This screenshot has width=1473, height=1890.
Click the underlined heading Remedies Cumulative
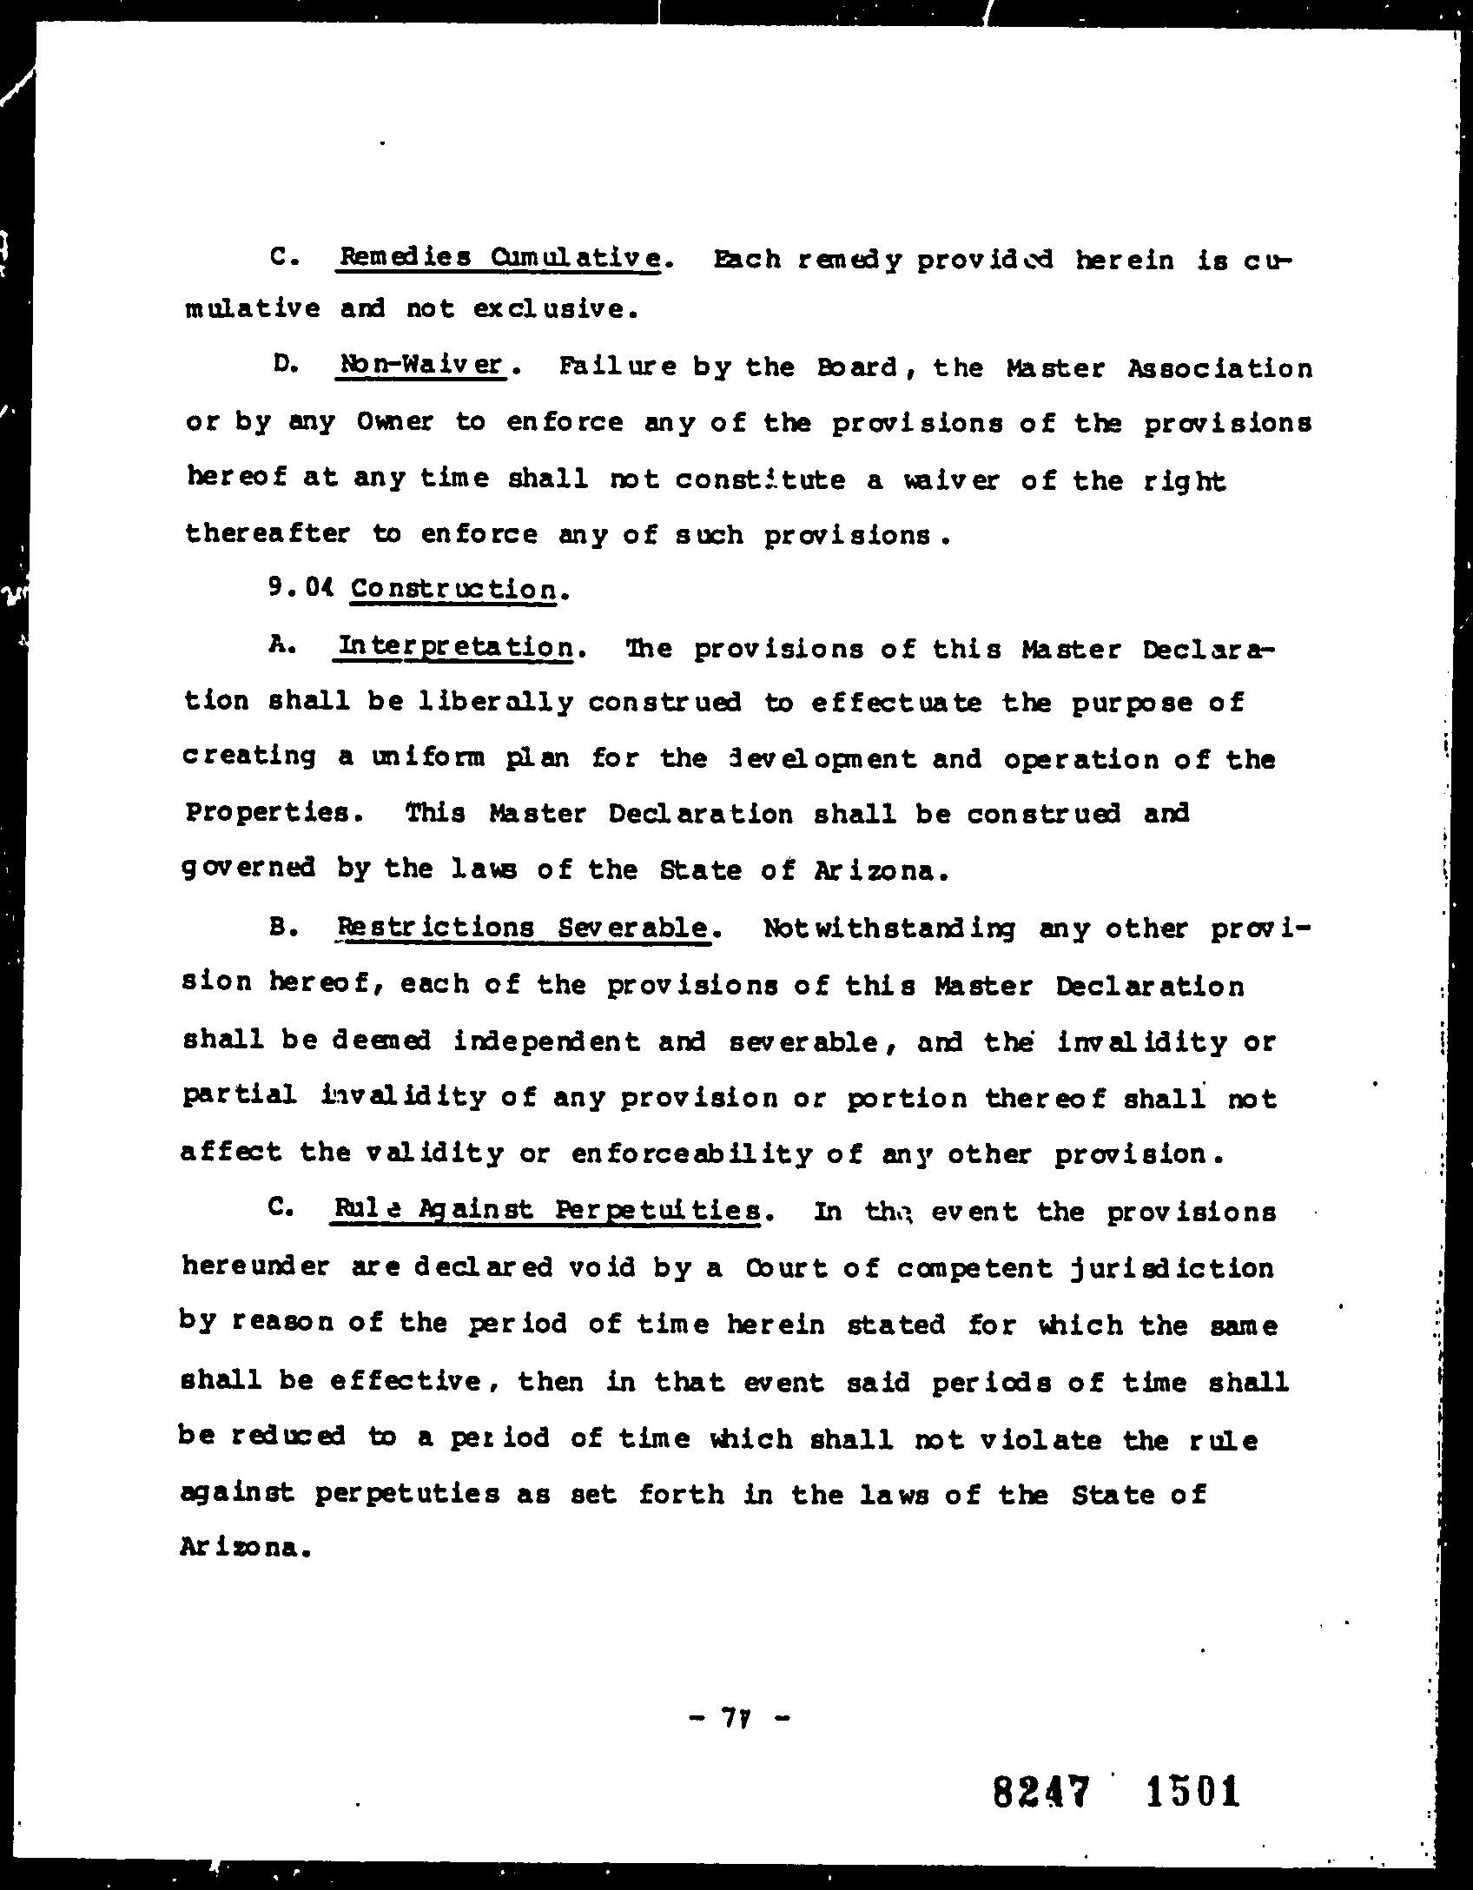(x=499, y=258)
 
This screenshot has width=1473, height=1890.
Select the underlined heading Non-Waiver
(x=420, y=365)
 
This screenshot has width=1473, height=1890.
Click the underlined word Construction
(x=453, y=591)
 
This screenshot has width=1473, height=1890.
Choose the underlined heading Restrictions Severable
(x=522, y=928)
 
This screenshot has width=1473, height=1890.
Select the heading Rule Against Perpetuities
(x=547, y=1210)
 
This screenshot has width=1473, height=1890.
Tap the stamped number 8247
(x=1041, y=1791)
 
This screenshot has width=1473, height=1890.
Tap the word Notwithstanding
(x=889, y=928)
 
